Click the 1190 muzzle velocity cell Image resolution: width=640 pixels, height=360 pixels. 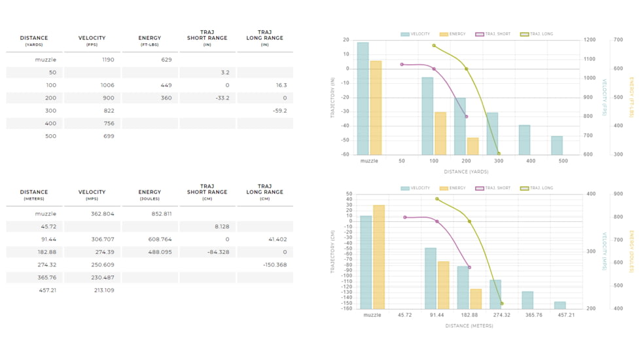108,60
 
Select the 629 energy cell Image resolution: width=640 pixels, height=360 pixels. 166,60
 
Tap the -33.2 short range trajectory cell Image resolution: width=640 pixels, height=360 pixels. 222,98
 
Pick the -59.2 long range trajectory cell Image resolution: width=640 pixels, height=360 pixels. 279,111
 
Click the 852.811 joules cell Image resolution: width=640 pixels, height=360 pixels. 161,214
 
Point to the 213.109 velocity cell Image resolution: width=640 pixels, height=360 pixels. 104,290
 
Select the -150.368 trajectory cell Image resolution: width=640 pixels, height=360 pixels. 275,265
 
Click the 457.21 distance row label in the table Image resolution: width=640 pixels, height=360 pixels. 48,290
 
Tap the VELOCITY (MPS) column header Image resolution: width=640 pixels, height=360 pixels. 92,195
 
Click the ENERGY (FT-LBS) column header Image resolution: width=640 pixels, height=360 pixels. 150,41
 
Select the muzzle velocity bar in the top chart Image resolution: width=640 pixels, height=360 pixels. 363,98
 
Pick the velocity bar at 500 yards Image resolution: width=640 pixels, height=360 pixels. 556,145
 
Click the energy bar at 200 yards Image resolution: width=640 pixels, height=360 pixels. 472,146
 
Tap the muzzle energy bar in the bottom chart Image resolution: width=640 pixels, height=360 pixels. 379,257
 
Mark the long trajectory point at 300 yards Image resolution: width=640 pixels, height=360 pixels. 499,154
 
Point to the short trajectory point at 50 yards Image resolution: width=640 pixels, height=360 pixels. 402,64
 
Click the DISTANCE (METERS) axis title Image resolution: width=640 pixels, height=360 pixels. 469,325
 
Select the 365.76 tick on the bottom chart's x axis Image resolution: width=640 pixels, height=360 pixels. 527,315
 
